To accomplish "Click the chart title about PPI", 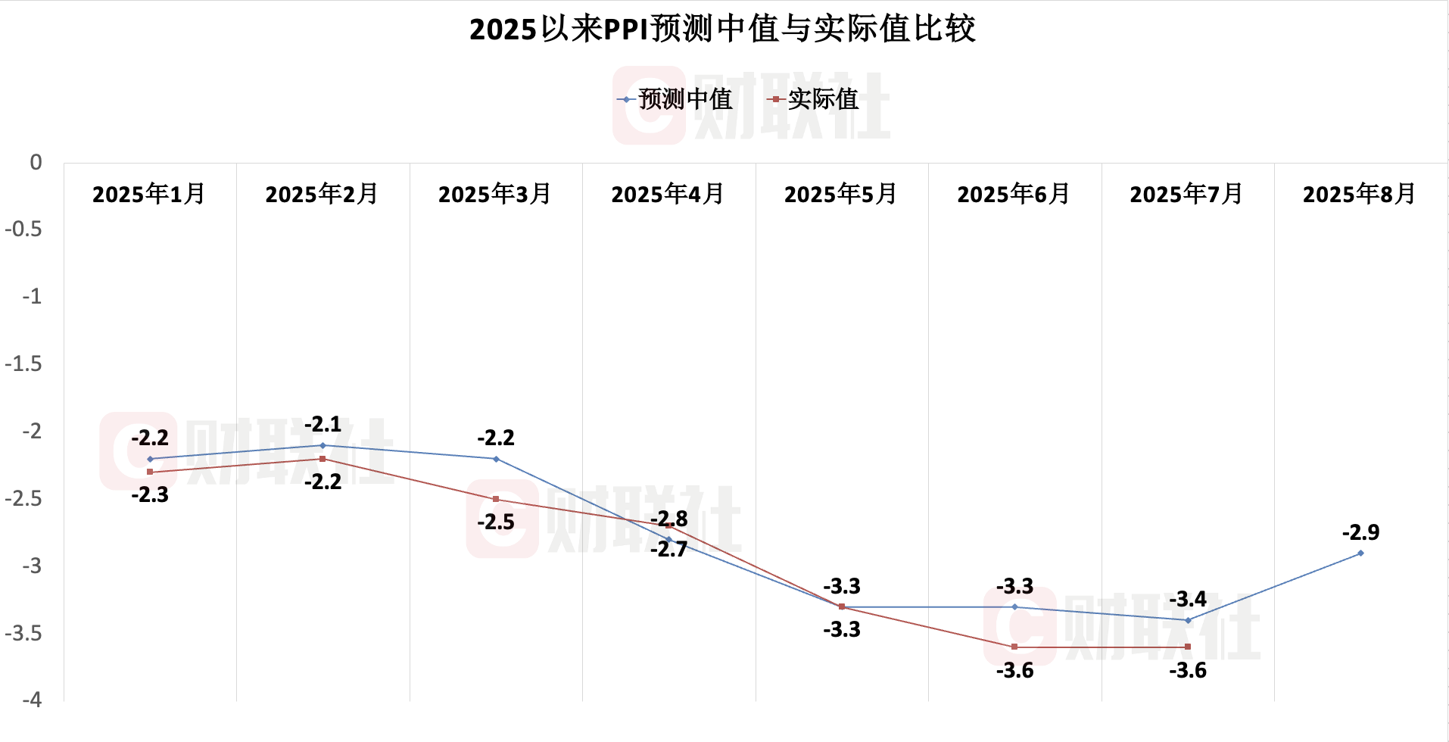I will pos(722,29).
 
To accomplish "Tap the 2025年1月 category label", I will pos(149,195).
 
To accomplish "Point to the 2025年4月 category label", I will pos(668,195).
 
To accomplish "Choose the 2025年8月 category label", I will pos(1359,195).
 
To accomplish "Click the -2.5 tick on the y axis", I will pos(24,499).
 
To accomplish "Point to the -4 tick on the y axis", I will pos(33,700).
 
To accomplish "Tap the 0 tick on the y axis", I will pos(36,163).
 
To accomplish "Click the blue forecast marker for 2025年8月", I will pos(1360,553).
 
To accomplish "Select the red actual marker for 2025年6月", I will pos(1014,647).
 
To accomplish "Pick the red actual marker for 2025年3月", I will pos(496,499).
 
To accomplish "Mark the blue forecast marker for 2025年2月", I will pos(323,445).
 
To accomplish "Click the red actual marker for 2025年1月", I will pos(150,472).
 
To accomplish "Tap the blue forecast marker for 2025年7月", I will pos(1188,620).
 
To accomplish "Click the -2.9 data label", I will pos(1360,532).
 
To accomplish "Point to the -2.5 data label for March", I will pos(496,522).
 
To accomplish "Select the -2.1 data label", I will pos(323,424).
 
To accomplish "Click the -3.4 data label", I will pos(1188,600).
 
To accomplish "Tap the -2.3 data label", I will pos(150,495).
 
